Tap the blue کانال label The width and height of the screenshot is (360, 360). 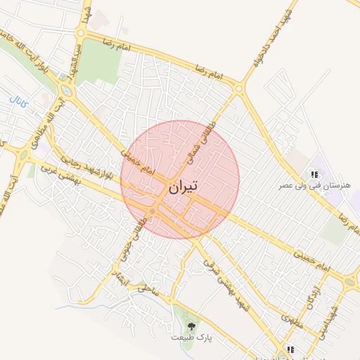pos(19,101)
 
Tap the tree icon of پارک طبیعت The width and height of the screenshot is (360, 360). pos(191,326)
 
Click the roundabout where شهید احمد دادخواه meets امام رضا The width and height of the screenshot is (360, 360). pos(239,89)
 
